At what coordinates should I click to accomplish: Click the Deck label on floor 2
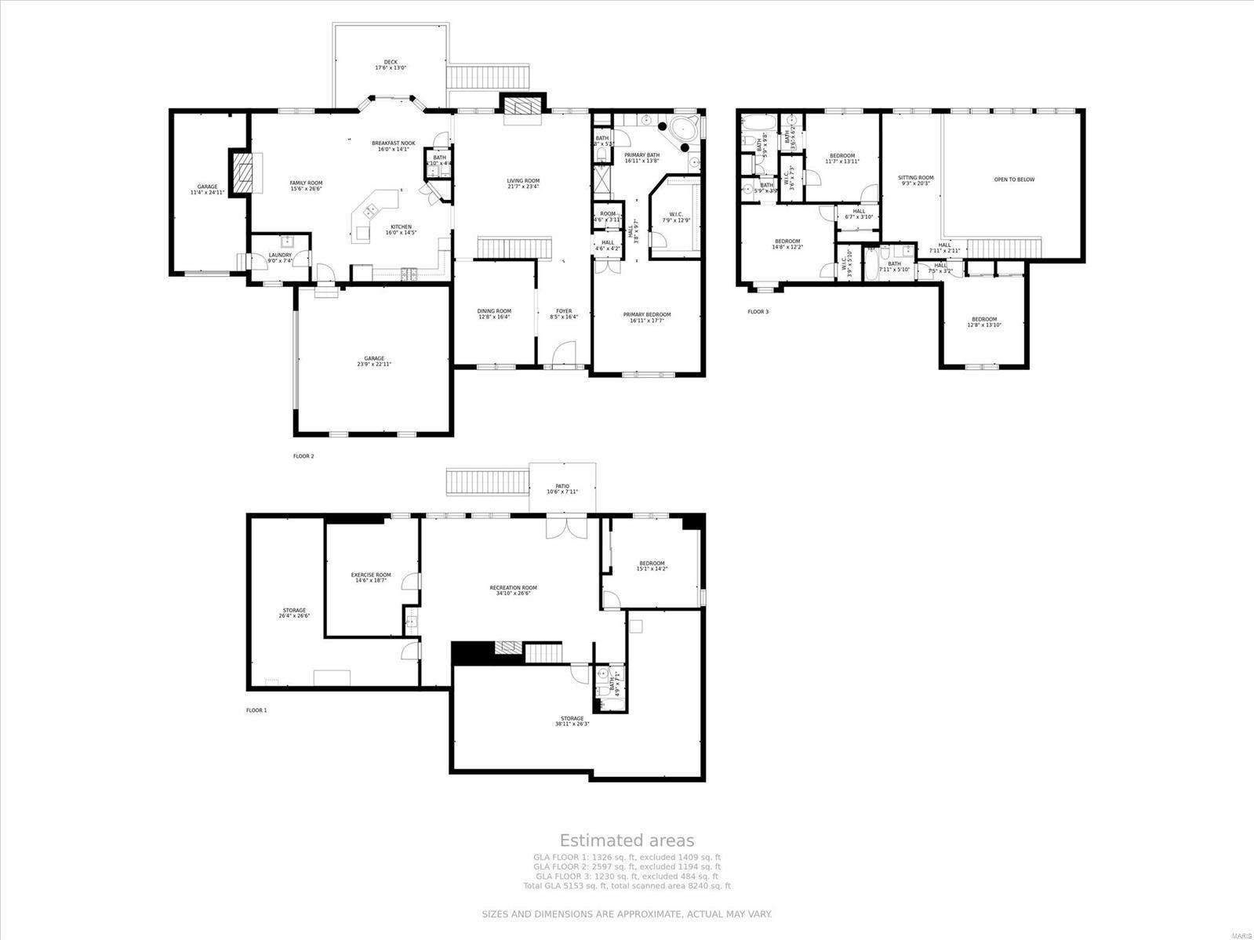[x=390, y=65]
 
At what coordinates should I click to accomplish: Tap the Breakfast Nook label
[x=393, y=146]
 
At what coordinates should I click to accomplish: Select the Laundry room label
[x=280, y=257]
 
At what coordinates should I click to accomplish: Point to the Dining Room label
[x=494, y=314]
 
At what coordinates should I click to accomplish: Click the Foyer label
[x=565, y=314]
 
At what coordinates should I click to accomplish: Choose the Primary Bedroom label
[x=647, y=317]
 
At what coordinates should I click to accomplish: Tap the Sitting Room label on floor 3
[x=915, y=180]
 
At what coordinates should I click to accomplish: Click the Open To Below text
[x=1014, y=180]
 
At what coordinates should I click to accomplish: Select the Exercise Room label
[x=371, y=578]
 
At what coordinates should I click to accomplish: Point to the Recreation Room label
[x=513, y=590]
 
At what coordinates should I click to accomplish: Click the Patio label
[x=562, y=488]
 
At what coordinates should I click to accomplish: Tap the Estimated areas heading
[x=626, y=841]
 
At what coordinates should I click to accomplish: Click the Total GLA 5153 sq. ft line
[x=627, y=886]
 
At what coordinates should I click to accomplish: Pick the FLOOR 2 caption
[x=304, y=455]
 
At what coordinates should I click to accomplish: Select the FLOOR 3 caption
[x=758, y=311]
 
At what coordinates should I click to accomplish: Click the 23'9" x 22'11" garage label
[x=373, y=361]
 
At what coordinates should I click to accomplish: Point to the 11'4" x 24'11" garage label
[x=207, y=190]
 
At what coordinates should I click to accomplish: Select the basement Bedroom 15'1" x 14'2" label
[x=651, y=566]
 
